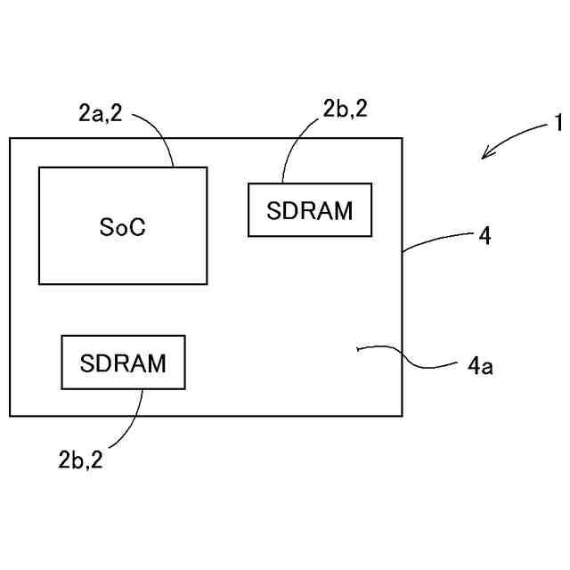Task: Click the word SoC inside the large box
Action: (x=122, y=227)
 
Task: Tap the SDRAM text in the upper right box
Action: (x=309, y=211)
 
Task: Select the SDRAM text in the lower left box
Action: (x=123, y=363)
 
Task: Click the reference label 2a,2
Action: (x=100, y=112)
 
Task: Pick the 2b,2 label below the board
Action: (x=81, y=460)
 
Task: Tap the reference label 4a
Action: (x=480, y=364)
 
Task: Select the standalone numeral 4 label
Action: (x=484, y=236)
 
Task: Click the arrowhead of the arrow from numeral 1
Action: (x=485, y=157)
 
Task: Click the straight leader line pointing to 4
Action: (x=436, y=242)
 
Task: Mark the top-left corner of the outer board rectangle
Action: (x=10, y=138)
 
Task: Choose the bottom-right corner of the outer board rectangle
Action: (x=403, y=416)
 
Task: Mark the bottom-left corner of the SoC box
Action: (x=39, y=284)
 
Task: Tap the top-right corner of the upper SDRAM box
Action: (x=371, y=184)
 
